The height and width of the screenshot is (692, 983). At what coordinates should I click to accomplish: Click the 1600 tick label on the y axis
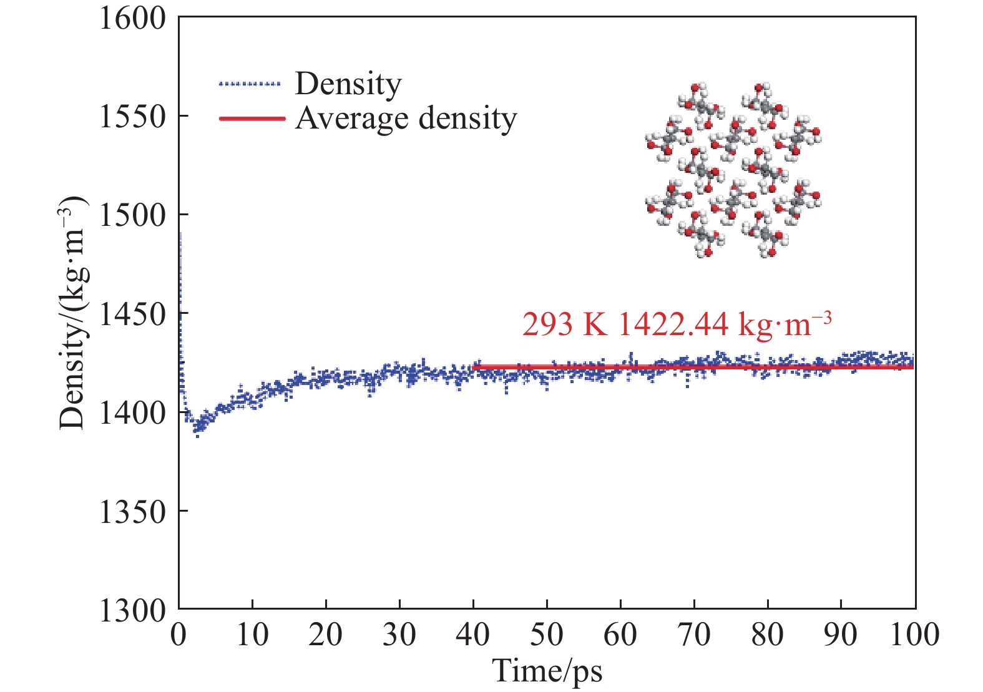tap(133, 19)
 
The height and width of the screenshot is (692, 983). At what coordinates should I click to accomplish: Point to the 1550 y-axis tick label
tap(133, 117)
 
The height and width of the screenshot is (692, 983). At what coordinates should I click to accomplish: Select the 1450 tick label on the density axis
tap(133, 314)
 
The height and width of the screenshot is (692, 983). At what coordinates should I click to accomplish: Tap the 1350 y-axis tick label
tap(133, 512)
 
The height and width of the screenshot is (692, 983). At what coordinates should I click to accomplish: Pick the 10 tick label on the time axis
tap(252, 635)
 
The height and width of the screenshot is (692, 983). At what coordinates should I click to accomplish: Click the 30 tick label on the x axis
tap(399, 635)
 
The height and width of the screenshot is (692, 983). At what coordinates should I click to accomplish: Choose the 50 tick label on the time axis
tap(547, 635)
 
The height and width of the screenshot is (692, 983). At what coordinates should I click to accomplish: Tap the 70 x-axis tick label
tap(694, 635)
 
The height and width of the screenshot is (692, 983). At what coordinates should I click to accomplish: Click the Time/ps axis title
tap(547, 671)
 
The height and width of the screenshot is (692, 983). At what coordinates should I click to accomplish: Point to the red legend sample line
tap(252, 118)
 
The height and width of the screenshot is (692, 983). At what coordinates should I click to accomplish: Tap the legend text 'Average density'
tap(406, 118)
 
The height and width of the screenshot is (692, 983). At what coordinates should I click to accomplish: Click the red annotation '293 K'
tap(564, 324)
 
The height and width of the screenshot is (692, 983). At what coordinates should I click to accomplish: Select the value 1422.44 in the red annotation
tap(673, 324)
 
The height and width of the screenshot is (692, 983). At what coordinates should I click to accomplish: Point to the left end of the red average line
tap(474, 368)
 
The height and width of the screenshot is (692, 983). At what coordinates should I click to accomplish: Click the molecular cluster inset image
tap(733, 170)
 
